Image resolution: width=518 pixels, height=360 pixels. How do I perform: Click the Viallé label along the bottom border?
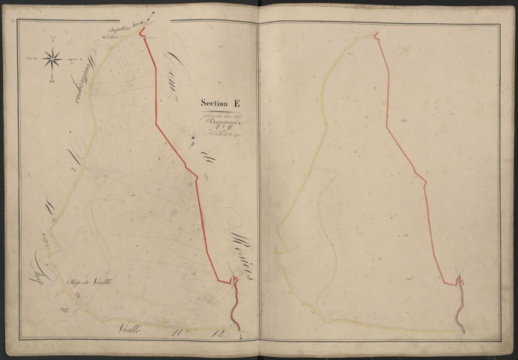click(135, 331)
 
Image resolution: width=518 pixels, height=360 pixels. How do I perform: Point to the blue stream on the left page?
click(235, 307)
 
